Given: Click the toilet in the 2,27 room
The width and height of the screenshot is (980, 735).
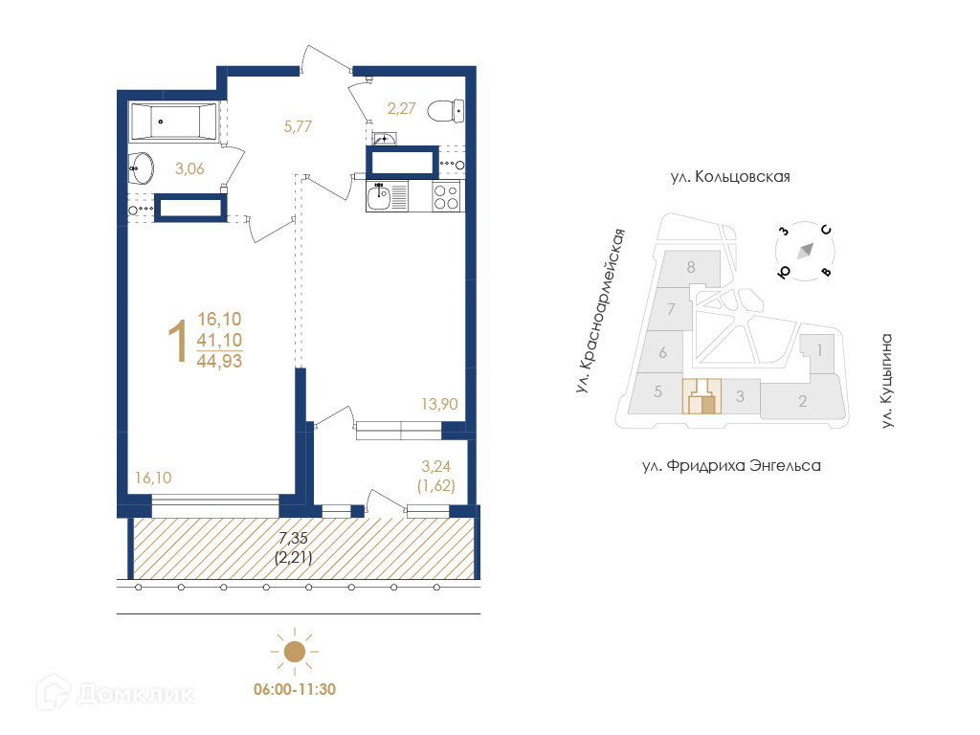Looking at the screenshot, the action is point(446,111).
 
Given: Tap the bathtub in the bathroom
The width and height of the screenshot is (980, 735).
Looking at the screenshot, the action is point(174,122).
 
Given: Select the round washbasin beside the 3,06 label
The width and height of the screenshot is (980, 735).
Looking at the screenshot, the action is point(142,168).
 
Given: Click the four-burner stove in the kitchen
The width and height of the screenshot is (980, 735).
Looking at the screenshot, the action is point(447,196).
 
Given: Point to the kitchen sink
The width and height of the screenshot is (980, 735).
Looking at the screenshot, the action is point(379,196).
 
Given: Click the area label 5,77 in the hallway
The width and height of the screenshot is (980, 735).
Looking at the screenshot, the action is point(298,127).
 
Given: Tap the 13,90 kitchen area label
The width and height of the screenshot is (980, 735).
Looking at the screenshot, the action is point(439,405).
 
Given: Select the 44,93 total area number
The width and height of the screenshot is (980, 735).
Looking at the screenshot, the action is point(219,361).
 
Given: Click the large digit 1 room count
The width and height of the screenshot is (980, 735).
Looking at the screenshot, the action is point(178,341).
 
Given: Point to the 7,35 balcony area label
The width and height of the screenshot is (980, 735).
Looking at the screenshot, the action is point(293,538).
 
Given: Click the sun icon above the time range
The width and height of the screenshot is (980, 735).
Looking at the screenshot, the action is point(295,652).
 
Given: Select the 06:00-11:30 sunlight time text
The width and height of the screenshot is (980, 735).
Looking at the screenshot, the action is point(295,689).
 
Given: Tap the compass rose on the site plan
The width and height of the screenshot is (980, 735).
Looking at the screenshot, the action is point(805,252).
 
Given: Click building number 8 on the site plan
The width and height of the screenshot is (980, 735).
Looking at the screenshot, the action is point(691,268).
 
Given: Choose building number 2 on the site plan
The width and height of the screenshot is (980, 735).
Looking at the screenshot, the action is point(803,401).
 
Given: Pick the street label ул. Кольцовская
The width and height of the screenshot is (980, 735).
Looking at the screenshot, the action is point(730,177).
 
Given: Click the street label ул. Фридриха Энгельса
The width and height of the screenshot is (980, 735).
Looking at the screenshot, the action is point(731,466).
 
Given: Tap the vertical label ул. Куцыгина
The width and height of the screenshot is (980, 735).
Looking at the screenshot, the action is point(886,381).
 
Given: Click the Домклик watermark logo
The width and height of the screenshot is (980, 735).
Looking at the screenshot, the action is point(116,693).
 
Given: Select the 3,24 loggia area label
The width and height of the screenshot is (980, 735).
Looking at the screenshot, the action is point(435,466).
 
